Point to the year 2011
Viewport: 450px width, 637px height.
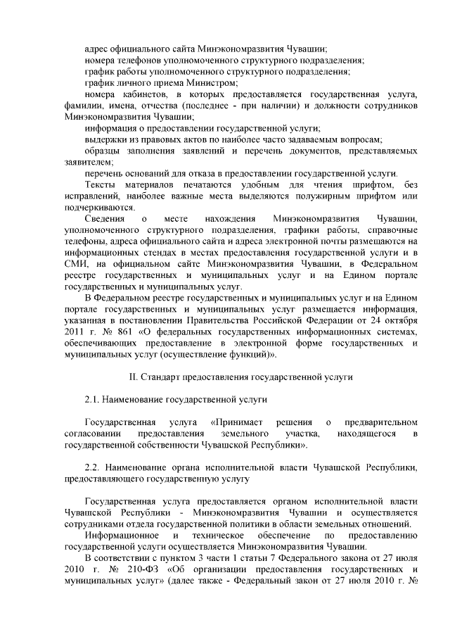coord(75,331)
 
